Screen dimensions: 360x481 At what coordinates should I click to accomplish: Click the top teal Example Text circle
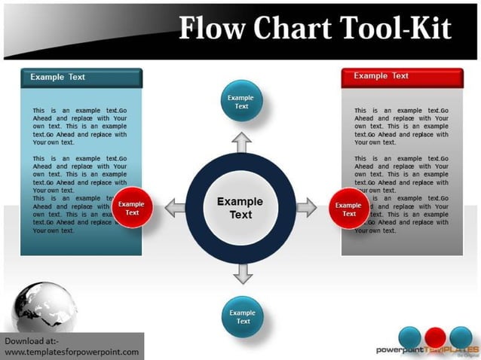click(x=241, y=102)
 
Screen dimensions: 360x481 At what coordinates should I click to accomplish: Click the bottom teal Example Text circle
click(x=243, y=317)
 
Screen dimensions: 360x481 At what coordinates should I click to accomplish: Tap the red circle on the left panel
click(x=132, y=209)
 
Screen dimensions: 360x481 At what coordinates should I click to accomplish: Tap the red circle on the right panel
click(x=348, y=209)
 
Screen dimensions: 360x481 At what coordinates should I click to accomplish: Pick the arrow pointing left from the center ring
click(x=175, y=208)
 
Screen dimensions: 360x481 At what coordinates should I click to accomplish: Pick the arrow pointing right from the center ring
click(x=307, y=208)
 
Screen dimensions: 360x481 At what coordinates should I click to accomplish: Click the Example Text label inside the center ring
click(x=240, y=208)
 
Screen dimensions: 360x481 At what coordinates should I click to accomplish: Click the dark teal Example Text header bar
click(x=81, y=77)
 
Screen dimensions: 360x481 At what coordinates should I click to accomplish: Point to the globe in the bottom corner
click(x=44, y=307)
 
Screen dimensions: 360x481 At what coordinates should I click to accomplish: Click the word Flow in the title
click(x=213, y=28)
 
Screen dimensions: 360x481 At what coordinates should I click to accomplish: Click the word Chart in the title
click(x=291, y=28)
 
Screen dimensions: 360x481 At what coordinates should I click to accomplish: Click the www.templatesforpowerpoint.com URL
click(x=72, y=352)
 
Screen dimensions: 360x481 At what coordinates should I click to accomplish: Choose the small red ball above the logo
click(x=434, y=337)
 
